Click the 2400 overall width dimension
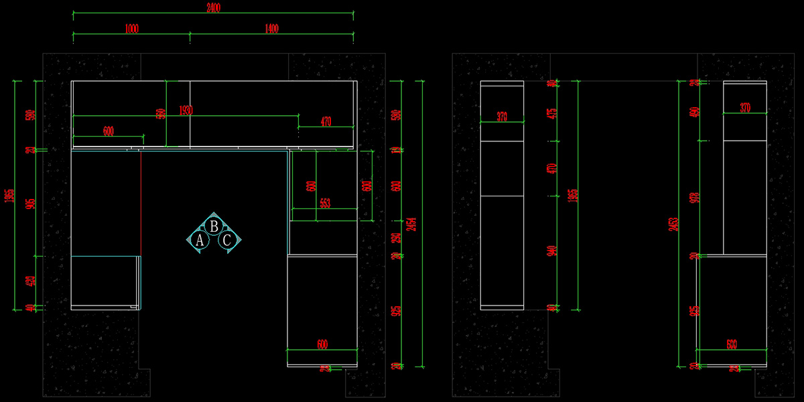point(214,8)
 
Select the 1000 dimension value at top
point(131,28)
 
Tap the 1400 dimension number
point(271,28)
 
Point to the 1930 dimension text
point(186,111)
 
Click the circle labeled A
point(199,241)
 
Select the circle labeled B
point(214,226)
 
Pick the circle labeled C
point(228,241)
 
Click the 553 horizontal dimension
point(324,204)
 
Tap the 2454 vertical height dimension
point(412,224)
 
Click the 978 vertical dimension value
point(693,198)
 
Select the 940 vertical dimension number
point(552,251)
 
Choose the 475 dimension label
point(552,113)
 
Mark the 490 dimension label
point(693,113)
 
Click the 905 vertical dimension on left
point(30,203)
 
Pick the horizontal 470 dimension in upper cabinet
point(326,122)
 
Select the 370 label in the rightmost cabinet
point(745,108)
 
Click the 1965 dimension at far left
point(9,196)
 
